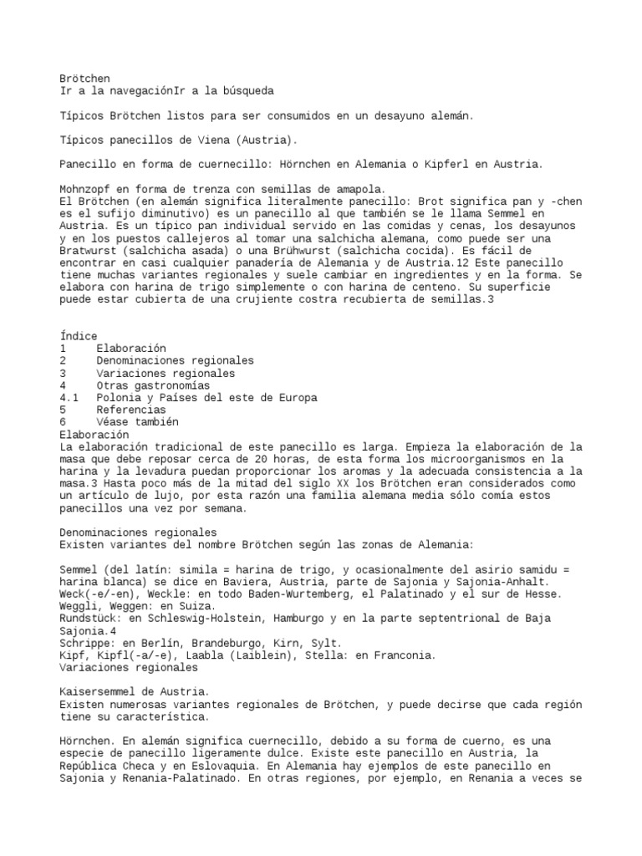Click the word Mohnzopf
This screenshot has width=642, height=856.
click(87, 189)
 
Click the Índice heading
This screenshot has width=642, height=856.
click(79, 336)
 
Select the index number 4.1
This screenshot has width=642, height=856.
click(69, 398)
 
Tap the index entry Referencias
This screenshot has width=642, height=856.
click(130, 410)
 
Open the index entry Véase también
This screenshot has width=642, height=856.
click(136, 422)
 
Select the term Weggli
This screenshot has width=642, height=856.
click(81, 606)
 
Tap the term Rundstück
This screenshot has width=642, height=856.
click(90, 619)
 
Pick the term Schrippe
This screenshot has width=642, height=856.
click(87, 643)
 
